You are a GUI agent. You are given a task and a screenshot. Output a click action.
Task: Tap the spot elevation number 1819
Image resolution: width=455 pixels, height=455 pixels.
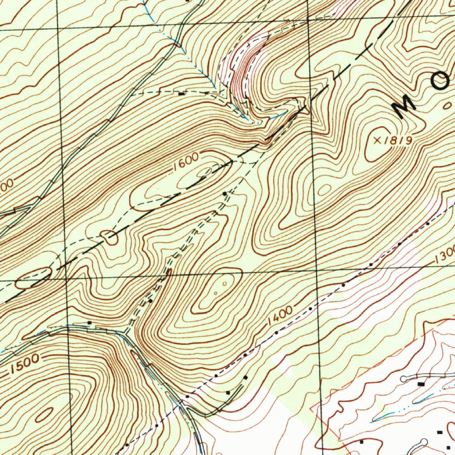[x=398, y=140]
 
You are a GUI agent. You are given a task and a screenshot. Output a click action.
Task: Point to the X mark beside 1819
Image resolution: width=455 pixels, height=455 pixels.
[x=378, y=140]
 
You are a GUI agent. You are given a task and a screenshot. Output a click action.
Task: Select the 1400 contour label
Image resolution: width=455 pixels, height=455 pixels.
[x=280, y=315]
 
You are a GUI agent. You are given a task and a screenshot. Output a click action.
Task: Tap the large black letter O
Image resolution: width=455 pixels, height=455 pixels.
[x=442, y=81]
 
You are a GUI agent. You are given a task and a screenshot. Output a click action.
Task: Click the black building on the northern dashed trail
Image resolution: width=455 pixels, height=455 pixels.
[x=181, y=94]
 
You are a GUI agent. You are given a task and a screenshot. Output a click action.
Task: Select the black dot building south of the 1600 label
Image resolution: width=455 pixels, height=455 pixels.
[x=225, y=194]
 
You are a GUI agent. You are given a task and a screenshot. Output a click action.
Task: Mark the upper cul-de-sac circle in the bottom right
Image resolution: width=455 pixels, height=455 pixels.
[x=403, y=379]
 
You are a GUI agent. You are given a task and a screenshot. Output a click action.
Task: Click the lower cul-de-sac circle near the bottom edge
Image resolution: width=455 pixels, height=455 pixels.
[x=423, y=442]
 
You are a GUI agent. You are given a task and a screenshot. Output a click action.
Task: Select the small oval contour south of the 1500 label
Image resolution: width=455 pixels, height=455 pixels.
[x=44, y=415]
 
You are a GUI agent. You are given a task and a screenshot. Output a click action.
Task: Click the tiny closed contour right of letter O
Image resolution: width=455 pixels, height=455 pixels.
[x=448, y=105]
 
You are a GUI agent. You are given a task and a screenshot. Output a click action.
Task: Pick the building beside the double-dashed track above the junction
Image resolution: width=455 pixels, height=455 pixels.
[x=150, y=301]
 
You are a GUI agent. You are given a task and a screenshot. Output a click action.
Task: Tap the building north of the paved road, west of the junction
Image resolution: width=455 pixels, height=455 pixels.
[x=89, y=323]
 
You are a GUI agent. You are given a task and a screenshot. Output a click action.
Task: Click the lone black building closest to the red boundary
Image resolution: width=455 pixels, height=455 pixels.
[x=361, y=442]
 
